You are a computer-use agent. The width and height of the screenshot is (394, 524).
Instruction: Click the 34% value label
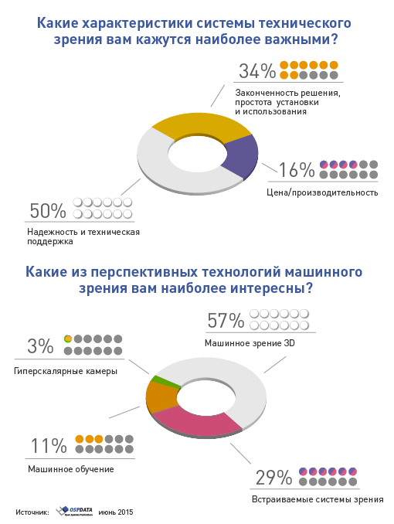click(x=257, y=71)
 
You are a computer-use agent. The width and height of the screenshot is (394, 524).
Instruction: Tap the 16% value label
click(x=297, y=170)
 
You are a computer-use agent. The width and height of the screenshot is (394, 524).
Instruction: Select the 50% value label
click(x=47, y=210)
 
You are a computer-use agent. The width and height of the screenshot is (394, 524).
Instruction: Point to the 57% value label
click(x=226, y=321)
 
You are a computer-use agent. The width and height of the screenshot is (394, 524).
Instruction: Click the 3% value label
click(x=39, y=345)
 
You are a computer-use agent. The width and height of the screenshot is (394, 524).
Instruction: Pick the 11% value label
click(x=48, y=446)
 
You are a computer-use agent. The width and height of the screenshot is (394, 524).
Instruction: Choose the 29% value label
click(x=273, y=477)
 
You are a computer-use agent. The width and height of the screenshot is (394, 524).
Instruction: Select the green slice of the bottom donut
click(x=156, y=379)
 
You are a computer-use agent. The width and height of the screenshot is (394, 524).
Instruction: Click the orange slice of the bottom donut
click(x=161, y=397)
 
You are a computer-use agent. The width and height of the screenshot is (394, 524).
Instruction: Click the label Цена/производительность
click(x=328, y=192)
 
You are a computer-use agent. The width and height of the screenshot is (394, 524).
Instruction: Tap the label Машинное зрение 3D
click(x=250, y=342)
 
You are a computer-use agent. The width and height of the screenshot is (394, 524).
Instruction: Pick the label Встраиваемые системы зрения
click(x=318, y=499)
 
